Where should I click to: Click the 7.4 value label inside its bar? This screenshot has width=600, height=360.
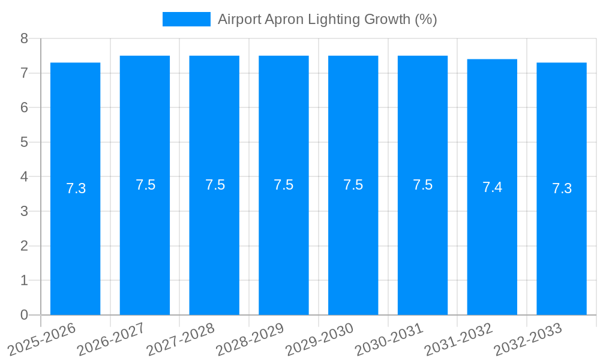[492, 187]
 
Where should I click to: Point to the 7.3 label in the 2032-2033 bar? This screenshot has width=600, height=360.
[562, 188]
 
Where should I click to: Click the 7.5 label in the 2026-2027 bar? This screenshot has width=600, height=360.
[145, 185]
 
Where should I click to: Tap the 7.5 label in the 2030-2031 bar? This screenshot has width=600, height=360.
[422, 185]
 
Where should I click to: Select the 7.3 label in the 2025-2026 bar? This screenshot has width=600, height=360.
[76, 188]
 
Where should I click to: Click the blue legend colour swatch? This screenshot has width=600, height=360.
[186, 19]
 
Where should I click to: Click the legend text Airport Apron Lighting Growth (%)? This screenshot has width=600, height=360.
[327, 19]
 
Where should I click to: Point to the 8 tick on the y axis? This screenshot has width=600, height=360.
[24, 38]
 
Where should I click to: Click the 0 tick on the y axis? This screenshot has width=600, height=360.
[24, 315]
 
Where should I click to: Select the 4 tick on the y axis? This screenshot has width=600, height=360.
[24, 177]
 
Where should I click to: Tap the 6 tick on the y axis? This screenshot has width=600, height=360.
[24, 107]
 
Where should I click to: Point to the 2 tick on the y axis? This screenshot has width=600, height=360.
[24, 246]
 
